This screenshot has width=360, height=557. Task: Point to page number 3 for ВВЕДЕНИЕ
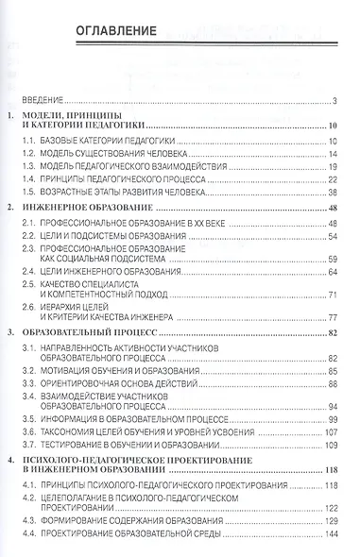[x=336, y=100]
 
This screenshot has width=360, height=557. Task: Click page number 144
[x=331, y=534]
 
